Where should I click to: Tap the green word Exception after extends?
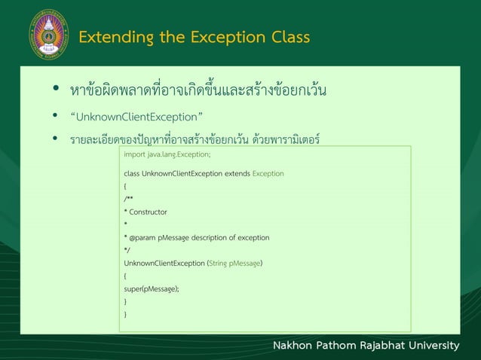268,173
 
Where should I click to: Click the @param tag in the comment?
137,237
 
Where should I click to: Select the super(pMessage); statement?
151,288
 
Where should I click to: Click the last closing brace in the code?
125,314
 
